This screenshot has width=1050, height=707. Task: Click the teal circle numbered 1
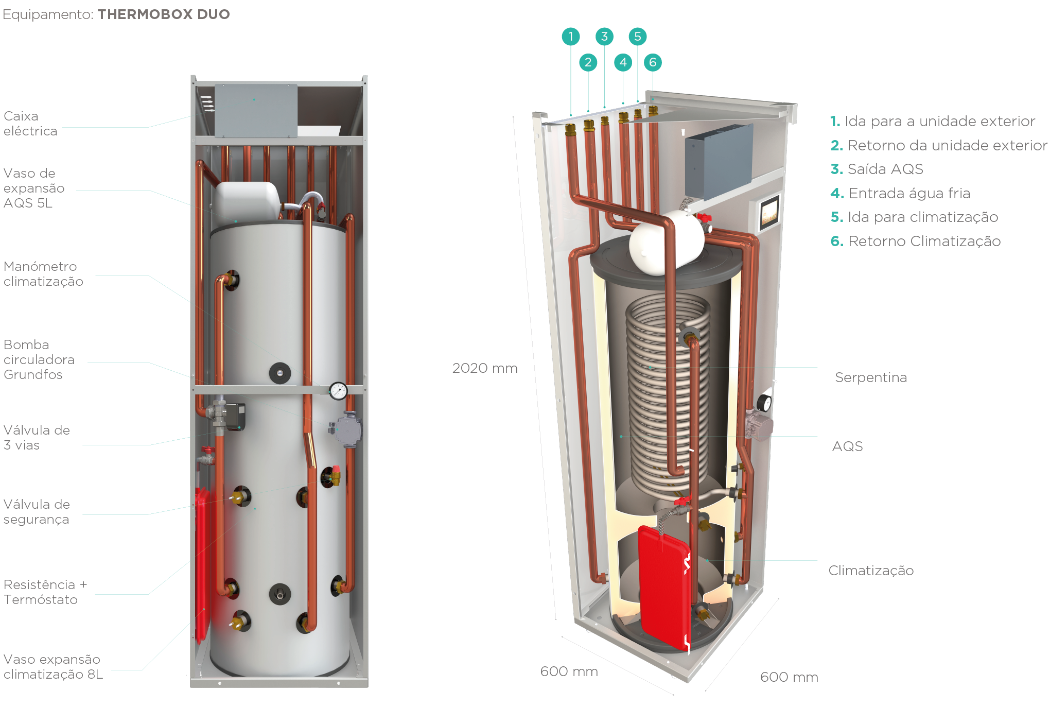(570, 37)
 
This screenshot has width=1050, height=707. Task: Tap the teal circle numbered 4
(623, 63)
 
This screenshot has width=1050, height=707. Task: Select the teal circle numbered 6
(653, 63)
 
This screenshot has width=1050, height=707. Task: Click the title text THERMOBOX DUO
(164, 14)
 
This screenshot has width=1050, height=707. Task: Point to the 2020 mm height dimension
(484, 368)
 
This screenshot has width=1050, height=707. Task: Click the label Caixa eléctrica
(30, 124)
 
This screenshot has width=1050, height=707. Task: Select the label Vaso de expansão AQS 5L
(34, 188)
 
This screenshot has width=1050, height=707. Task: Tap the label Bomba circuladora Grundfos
(39, 359)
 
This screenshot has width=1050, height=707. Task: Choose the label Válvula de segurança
(37, 511)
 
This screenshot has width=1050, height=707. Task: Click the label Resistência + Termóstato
(45, 592)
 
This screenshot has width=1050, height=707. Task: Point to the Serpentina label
(870, 377)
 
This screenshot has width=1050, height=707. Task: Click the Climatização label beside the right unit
(871, 571)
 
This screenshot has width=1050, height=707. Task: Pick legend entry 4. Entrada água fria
(900, 193)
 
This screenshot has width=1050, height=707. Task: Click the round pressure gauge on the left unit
(338, 391)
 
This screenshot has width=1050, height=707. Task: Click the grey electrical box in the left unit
(256, 111)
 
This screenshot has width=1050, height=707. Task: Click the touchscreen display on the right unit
(769, 212)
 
